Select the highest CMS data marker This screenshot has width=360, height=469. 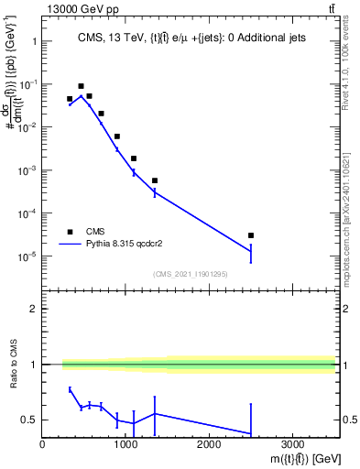point(81,86)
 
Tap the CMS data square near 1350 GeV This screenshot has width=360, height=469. point(155,180)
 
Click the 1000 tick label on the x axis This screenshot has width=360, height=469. point(125,444)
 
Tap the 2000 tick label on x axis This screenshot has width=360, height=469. point(209,444)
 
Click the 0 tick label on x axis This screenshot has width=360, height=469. point(42,444)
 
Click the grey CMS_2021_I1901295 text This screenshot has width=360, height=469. point(190,274)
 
